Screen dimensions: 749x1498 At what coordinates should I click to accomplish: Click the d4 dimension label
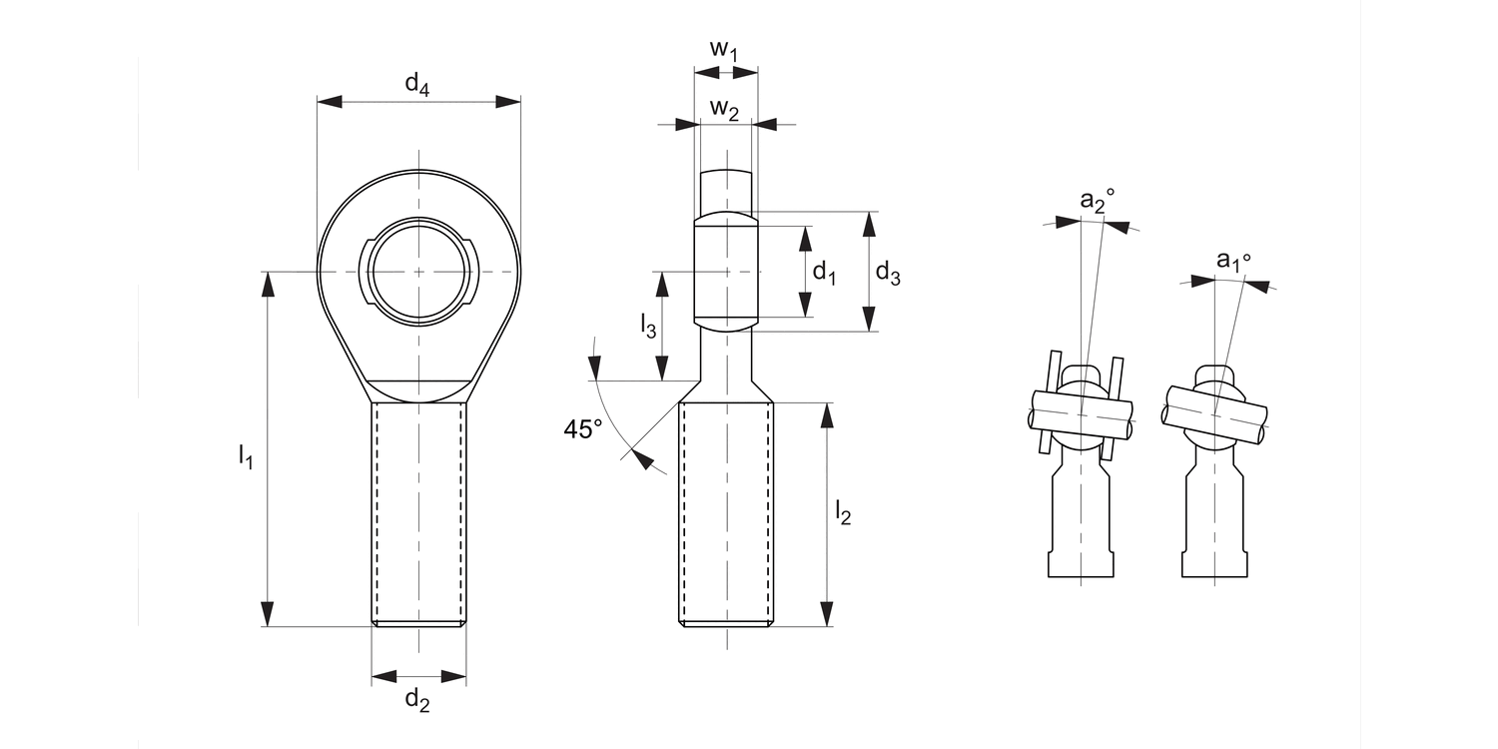point(417,86)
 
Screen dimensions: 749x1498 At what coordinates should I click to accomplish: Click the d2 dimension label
point(417,701)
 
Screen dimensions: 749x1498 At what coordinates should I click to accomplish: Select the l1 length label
point(245,456)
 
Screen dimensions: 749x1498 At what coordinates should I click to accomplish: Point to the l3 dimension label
point(648,325)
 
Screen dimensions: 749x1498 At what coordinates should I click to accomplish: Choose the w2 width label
point(724,108)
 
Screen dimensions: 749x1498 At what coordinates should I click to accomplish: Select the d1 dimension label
point(824,272)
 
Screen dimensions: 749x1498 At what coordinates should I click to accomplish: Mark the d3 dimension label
point(887,272)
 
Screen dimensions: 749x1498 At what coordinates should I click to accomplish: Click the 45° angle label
point(583,429)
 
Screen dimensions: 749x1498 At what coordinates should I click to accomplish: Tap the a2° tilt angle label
point(1097,201)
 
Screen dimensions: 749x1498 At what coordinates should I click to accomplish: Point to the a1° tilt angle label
point(1232,262)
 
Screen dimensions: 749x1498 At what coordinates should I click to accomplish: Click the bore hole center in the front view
point(418,272)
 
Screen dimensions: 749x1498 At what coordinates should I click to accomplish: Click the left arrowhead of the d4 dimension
point(330,101)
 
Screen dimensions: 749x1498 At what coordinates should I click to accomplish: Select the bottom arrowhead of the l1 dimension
point(267,614)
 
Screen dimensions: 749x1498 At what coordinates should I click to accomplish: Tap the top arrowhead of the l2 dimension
point(827,414)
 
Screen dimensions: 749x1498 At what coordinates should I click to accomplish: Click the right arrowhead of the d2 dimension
point(454,677)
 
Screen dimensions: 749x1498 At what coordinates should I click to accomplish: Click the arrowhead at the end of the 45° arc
point(644,460)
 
